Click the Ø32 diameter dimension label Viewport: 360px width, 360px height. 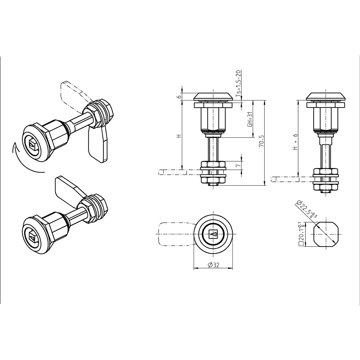[213, 265]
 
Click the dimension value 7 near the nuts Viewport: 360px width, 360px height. [238, 165]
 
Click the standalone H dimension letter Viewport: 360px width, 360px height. [179, 136]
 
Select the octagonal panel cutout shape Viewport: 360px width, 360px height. [327, 234]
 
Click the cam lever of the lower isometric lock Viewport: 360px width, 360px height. [69, 188]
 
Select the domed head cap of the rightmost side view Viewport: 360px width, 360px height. [326, 96]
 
